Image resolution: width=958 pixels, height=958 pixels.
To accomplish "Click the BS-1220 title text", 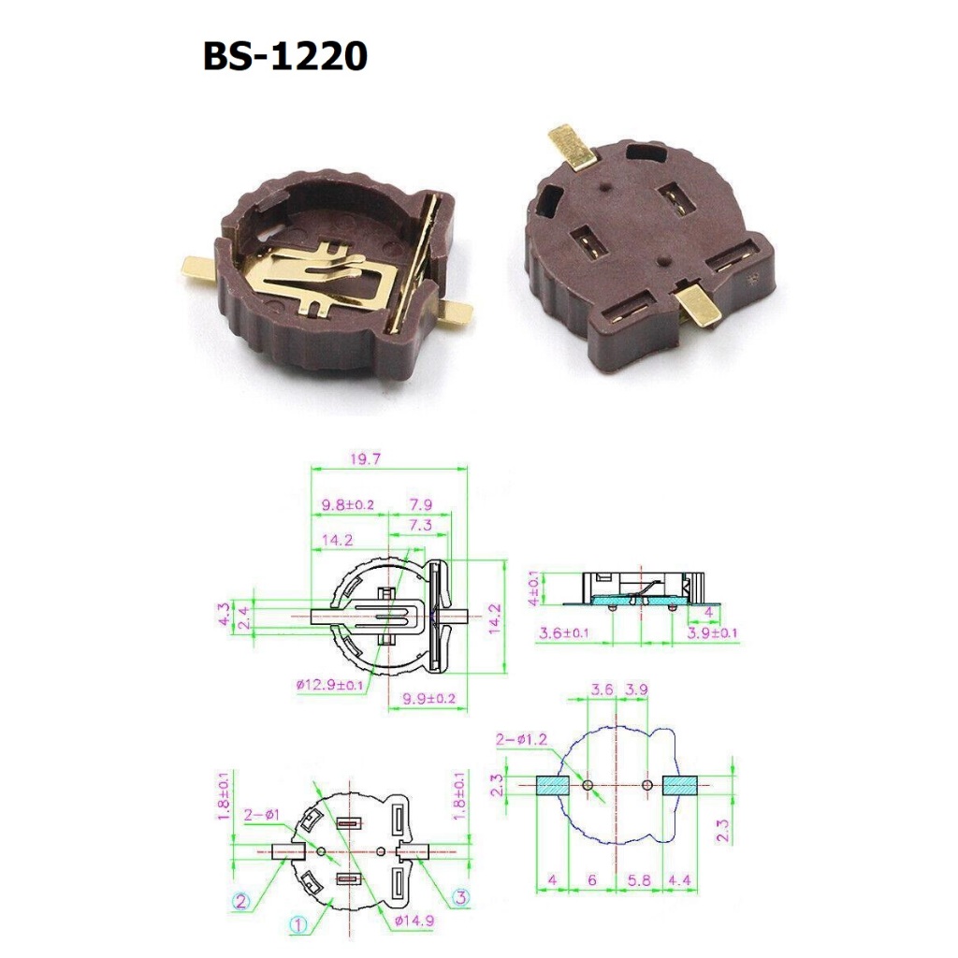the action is tap(284, 56).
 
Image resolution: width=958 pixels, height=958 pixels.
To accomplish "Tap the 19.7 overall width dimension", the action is tap(366, 458).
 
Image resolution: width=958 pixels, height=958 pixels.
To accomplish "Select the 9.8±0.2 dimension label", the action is tap(348, 504).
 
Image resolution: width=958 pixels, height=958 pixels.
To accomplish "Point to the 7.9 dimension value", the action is tap(420, 504).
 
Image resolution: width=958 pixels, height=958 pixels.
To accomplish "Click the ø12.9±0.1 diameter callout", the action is tap(329, 684).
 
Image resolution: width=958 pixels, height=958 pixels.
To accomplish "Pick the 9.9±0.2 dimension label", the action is tap(428, 698).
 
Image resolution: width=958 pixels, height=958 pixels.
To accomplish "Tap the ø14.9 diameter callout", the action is tap(414, 921).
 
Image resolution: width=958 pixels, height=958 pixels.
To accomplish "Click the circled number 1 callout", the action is tap(298, 924).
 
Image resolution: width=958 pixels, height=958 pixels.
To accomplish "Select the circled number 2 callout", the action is tap(240, 901).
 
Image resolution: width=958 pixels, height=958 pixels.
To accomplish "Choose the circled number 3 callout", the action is tap(461, 897).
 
